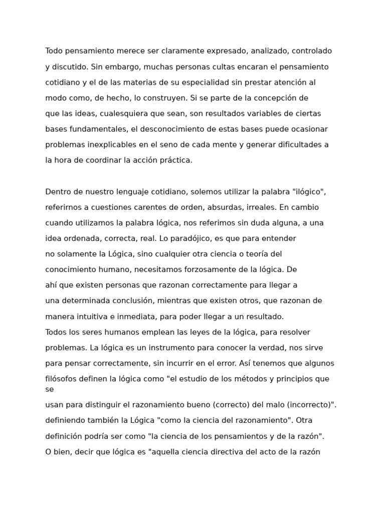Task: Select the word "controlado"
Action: (311, 51)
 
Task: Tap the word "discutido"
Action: (70, 67)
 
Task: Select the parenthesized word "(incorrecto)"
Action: (309, 405)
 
